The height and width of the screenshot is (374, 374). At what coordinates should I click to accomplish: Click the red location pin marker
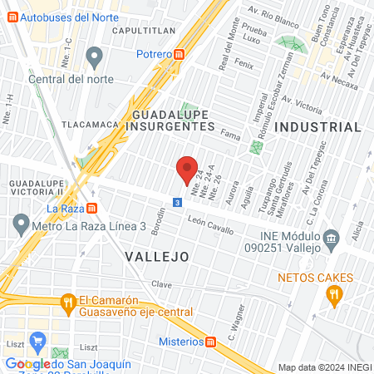tap(188, 170)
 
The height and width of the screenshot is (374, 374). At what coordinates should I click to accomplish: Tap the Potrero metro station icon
tap(180, 54)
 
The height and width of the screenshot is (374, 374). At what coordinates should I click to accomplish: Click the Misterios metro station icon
tap(211, 342)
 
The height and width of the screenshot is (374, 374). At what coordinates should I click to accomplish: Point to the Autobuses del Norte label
tap(56, 17)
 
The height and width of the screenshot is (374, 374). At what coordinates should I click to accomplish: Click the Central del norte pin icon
tap(94, 57)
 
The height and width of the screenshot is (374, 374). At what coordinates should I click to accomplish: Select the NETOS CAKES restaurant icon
tap(334, 293)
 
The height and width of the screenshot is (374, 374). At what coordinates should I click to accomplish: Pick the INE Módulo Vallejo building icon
tap(332, 239)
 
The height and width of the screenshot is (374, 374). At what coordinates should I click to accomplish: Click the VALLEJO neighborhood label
tap(157, 257)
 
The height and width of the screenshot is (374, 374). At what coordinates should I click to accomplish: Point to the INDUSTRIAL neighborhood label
tap(318, 127)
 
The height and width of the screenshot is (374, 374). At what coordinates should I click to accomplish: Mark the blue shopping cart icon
tap(37, 341)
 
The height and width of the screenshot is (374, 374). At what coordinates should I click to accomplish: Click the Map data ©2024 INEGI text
tap(324, 367)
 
